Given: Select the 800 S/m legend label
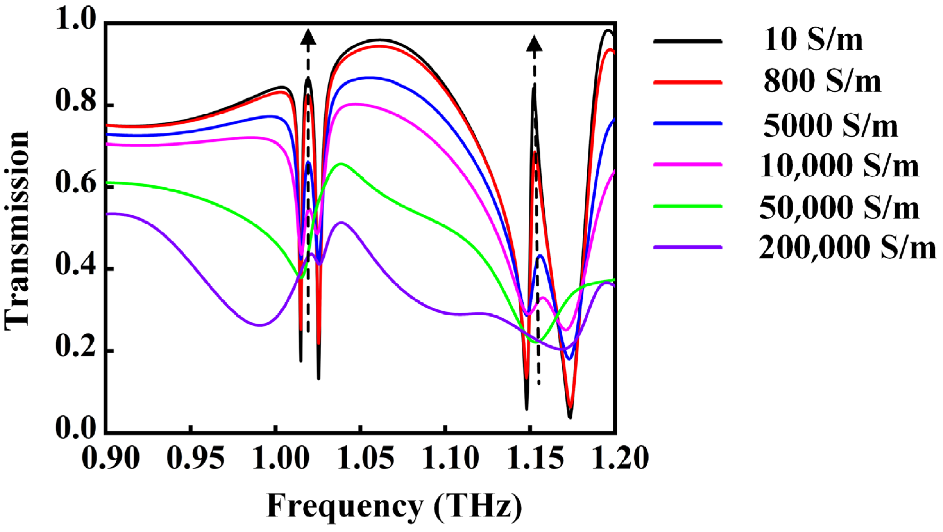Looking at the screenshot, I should tap(822, 82).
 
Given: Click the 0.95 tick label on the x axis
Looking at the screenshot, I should tap(195, 459).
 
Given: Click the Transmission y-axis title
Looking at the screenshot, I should tap(17, 231).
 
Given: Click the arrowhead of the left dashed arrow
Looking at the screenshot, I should tap(308, 38).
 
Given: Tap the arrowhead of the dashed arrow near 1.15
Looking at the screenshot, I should tap(535, 44).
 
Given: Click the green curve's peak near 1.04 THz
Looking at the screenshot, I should tap(341, 164).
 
